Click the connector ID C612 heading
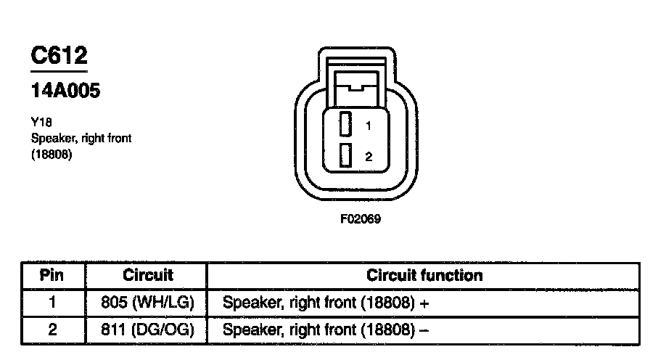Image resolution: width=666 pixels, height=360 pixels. tap(59, 56)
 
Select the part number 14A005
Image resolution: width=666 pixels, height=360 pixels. tap(65, 91)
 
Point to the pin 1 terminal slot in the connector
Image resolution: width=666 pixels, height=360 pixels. tap(346, 124)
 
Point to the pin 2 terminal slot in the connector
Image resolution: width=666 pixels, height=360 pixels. tap(346, 155)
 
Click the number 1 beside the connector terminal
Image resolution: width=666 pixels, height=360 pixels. tap(369, 126)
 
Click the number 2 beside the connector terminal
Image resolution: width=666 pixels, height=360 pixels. tap(369, 156)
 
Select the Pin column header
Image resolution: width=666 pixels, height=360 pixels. tap(52, 276)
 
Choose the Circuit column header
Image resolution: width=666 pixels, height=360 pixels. tap(148, 276)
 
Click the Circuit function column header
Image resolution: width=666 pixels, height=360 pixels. tap(424, 276)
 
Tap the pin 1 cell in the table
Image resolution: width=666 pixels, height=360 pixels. tap(52, 302)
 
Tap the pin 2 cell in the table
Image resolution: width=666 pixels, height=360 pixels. tap(52, 329)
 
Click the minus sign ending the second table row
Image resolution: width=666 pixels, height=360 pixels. tap(424, 330)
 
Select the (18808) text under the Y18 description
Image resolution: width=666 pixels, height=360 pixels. tap(51, 154)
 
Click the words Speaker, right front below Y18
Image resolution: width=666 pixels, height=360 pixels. tap(81, 139)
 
